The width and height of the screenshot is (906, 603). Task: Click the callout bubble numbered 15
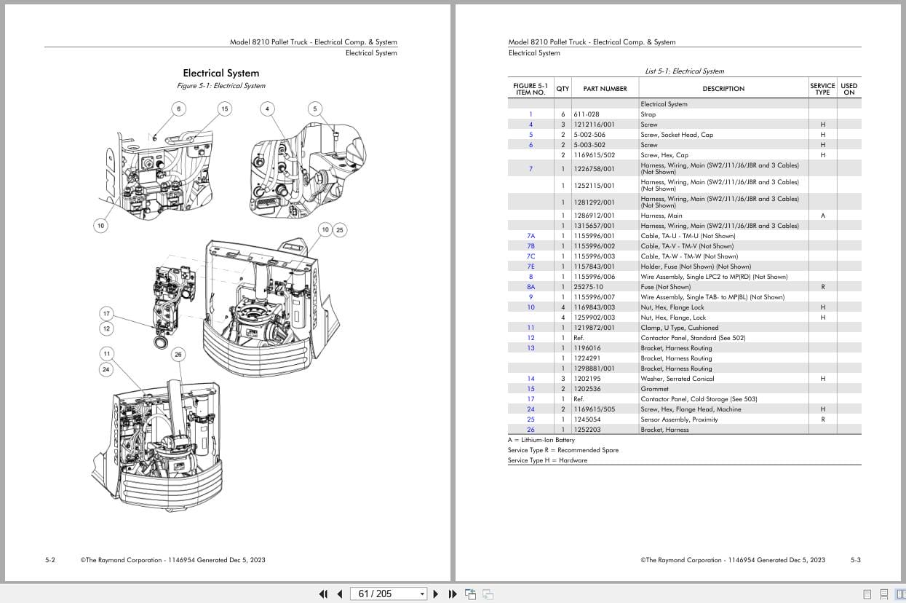pos(224,109)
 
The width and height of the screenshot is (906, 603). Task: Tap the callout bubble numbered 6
pos(179,109)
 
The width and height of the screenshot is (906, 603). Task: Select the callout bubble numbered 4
pos(268,109)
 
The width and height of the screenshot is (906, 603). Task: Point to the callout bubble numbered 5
pos(315,109)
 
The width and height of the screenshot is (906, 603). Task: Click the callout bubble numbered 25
pos(340,230)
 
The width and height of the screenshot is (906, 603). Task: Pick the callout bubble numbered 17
pos(106,314)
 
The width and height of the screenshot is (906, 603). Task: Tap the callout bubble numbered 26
pos(179,355)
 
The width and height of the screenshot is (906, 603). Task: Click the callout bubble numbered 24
pos(106,369)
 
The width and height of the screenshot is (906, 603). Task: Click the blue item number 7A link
pos(531,236)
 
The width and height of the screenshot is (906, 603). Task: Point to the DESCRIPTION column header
pos(723,89)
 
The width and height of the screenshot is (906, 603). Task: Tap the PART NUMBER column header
pos(605,89)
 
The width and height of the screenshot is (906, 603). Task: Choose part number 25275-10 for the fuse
pos(588,287)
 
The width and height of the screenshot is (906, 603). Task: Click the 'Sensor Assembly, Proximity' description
pos(679,419)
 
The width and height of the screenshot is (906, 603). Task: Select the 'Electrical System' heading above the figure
pos(220,73)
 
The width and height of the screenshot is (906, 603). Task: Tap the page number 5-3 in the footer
pos(855,560)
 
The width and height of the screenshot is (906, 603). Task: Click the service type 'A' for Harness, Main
pos(822,216)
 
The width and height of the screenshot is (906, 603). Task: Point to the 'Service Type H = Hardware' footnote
pos(547,460)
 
